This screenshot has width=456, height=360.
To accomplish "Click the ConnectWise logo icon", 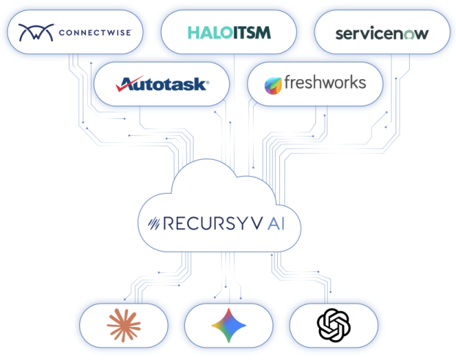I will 34,32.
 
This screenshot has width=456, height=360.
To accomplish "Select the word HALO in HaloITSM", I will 204,32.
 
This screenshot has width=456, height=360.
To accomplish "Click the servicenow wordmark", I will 380,33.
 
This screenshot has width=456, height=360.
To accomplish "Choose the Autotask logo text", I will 163,84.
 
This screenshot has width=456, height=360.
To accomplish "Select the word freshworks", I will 324,82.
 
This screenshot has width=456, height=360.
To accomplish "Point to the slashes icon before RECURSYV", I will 155,221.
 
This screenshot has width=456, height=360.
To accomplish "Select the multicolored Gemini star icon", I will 228,325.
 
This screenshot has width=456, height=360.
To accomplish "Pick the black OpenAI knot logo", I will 334,325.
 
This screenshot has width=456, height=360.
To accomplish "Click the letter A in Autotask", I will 125,84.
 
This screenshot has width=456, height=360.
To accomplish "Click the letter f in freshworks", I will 287,82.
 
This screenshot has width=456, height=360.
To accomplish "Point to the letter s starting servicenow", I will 339,34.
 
